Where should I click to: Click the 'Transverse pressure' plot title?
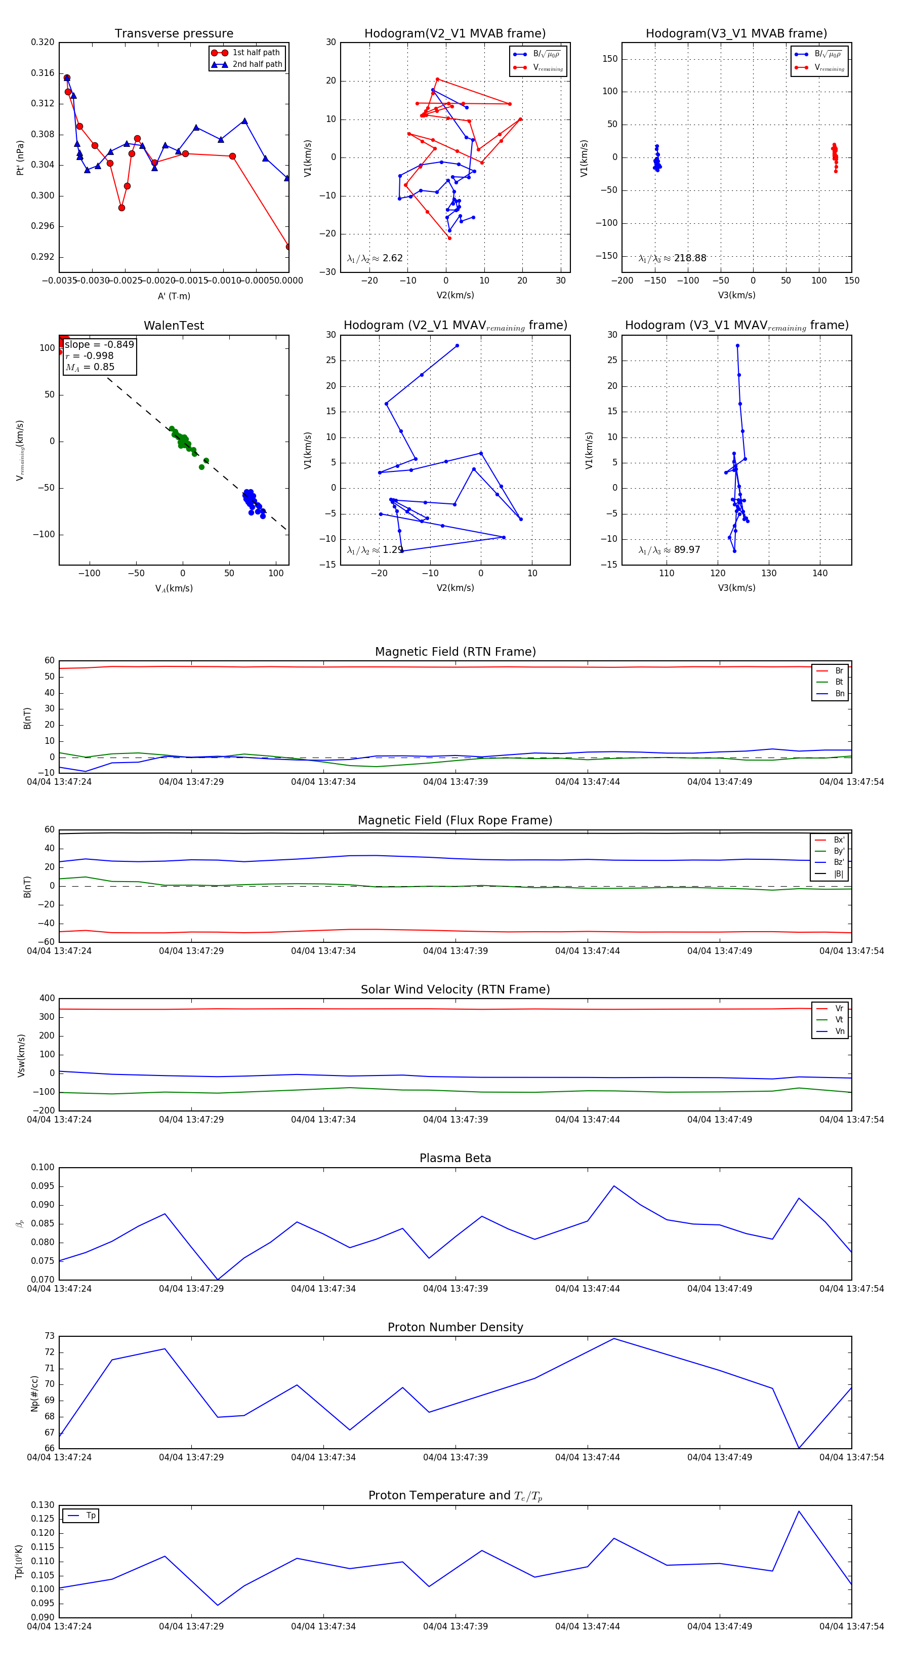pos(174,34)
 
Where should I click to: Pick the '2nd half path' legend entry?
pos(257,64)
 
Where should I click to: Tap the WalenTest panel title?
pos(174,326)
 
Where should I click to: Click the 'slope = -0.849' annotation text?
pos(99,344)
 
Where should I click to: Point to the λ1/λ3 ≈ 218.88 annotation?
pos(673,258)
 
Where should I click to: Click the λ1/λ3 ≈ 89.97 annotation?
pos(669,550)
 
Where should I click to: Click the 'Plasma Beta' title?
pos(455,1158)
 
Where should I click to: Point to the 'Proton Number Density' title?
pos(455,1327)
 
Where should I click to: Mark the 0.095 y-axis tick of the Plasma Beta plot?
pos(43,1186)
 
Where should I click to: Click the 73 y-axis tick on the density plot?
pos(49,1336)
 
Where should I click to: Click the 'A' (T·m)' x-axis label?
pos(174,296)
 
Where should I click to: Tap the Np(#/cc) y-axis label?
pos(35,1394)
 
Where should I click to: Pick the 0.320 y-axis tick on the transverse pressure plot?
pos(43,42)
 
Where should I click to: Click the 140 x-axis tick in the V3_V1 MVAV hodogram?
pos(819,573)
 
